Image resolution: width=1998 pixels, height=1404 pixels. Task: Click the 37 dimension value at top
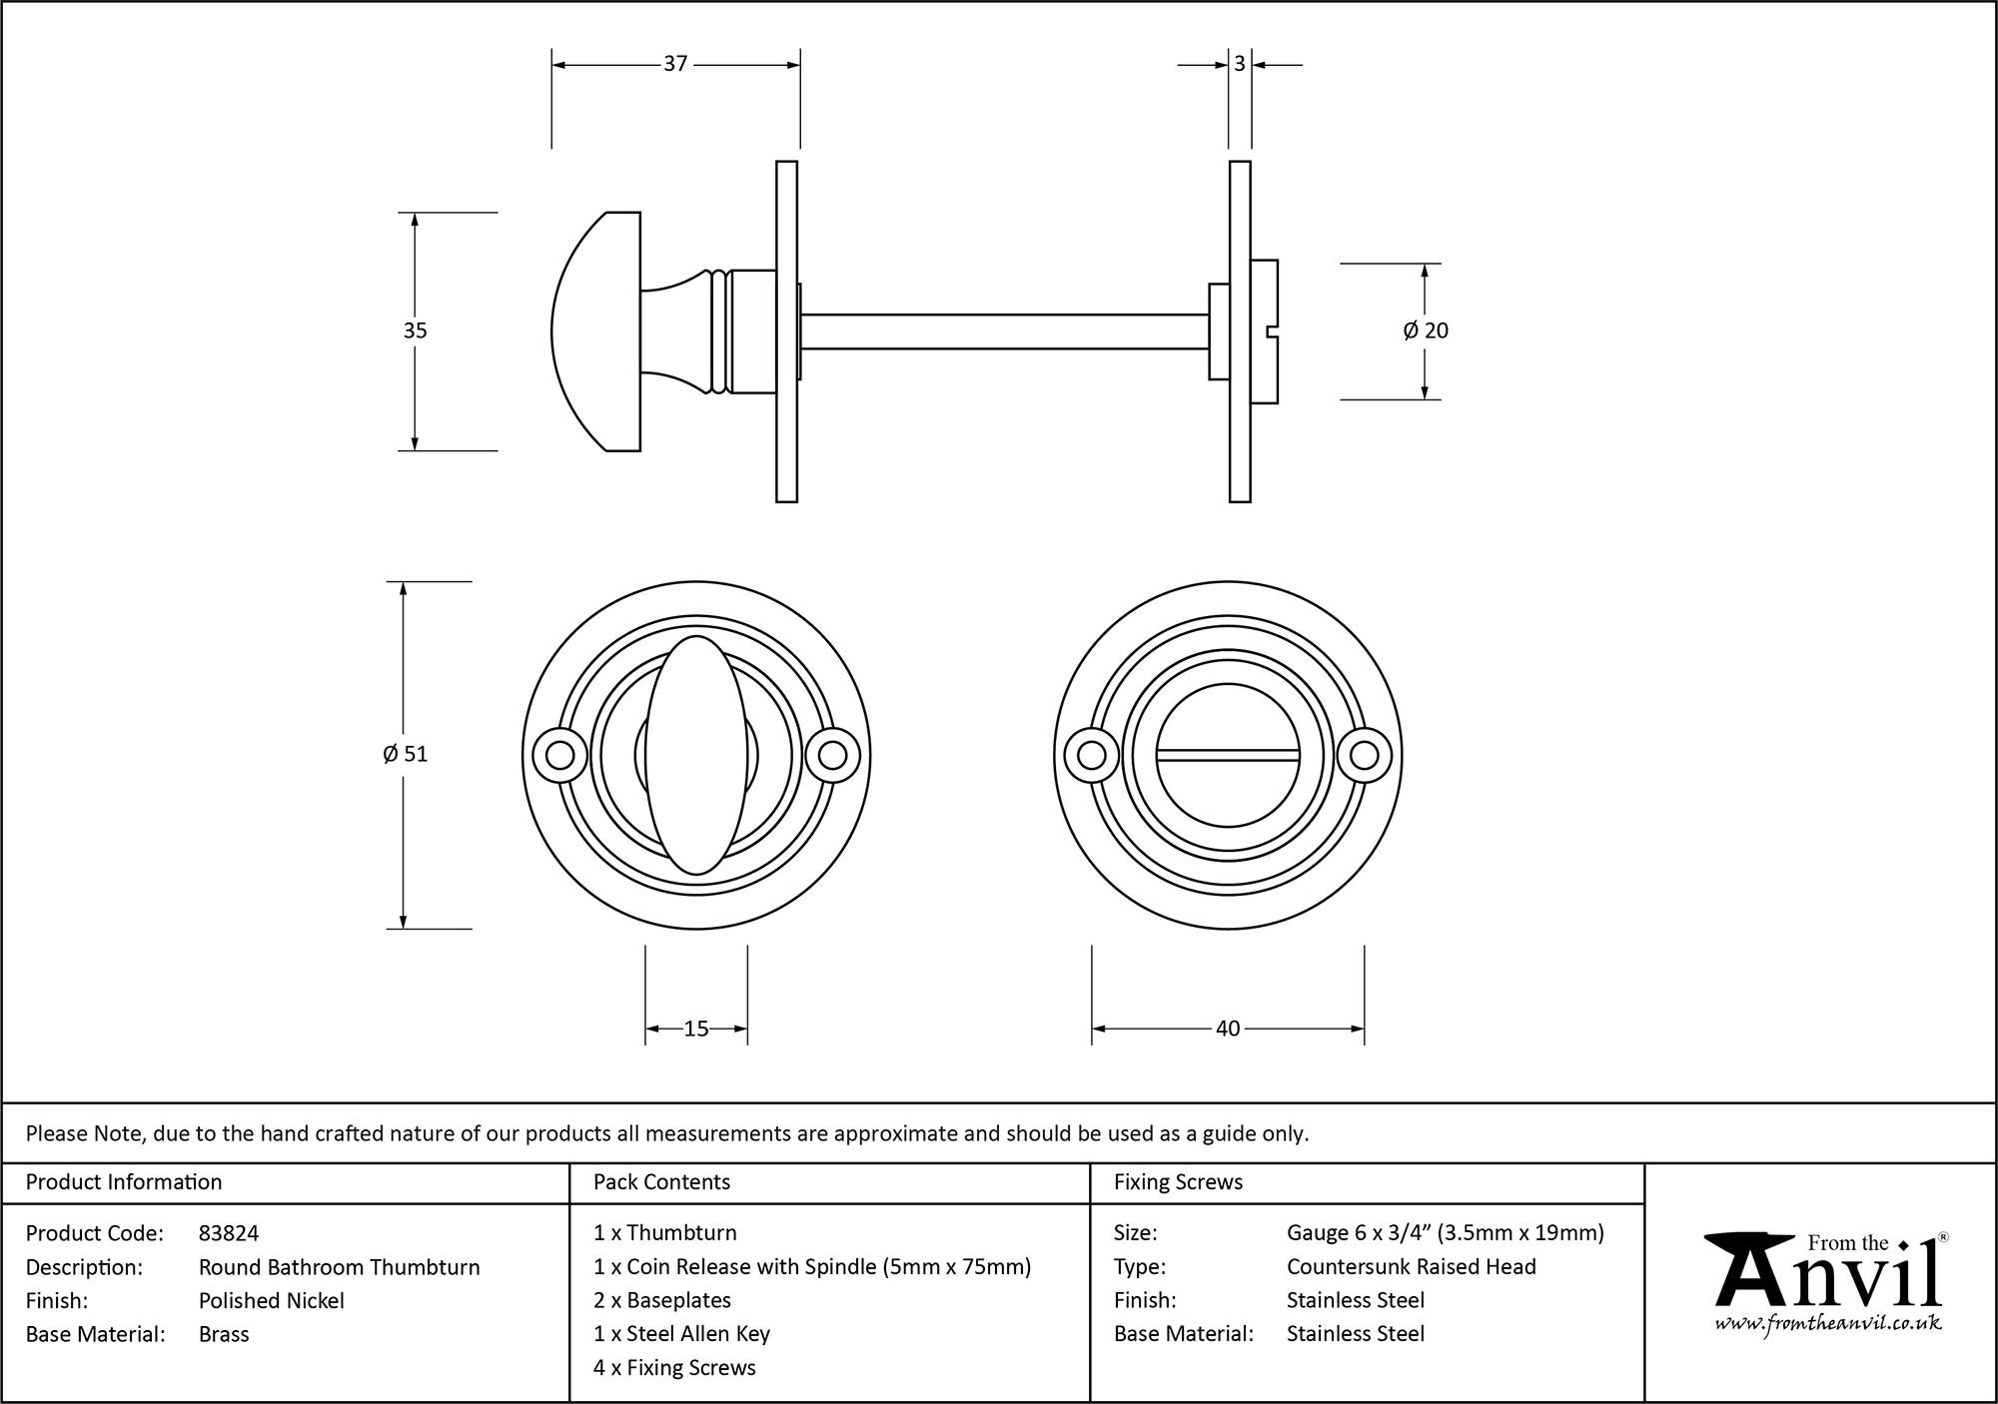click(x=675, y=64)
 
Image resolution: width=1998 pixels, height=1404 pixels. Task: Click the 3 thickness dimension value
click(x=1239, y=64)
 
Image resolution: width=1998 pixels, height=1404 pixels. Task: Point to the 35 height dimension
click(x=415, y=331)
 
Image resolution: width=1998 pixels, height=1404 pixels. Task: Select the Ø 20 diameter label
click(x=1425, y=331)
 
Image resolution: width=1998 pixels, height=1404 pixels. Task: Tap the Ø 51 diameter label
click(x=405, y=754)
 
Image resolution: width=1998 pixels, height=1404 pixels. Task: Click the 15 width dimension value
click(x=695, y=1029)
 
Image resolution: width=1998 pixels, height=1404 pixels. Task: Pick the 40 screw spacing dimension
click(x=1227, y=1029)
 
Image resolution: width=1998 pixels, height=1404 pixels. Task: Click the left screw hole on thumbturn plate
click(x=559, y=755)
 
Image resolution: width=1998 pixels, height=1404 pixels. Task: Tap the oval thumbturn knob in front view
click(x=695, y=755)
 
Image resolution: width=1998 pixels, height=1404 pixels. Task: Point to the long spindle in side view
click(x=1004, y=332)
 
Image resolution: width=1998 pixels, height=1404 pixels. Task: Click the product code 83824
click(x=229, y=1233)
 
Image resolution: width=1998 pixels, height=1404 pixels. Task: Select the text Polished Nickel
click(x=272, y=1300)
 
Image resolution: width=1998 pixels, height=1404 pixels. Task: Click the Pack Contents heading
click(x=661, y=1182)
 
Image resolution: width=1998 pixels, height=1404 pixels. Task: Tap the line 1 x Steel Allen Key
click(x=681, y=1334)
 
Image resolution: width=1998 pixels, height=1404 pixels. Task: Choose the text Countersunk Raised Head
click(x=1411, y=1267)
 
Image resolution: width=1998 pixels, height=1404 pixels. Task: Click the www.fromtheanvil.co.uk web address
click(x=1827, y=1323)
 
